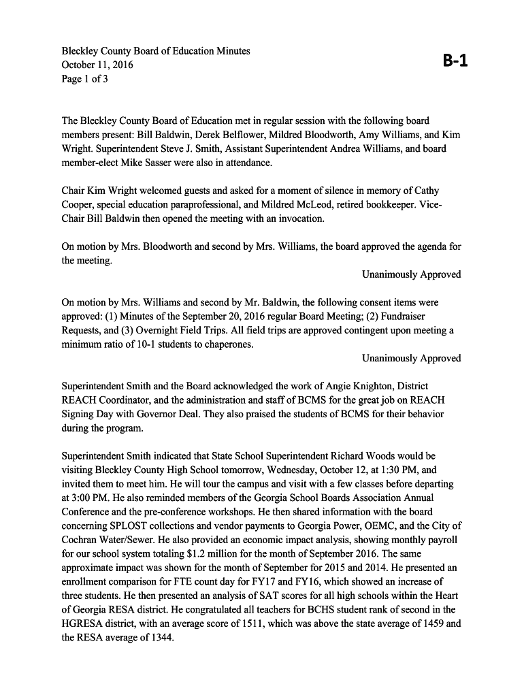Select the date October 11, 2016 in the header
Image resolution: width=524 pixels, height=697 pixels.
97,65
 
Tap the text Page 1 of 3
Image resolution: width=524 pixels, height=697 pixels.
85,79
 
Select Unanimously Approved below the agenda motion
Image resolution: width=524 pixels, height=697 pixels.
411,274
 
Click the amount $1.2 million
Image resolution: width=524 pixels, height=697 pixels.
212,553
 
